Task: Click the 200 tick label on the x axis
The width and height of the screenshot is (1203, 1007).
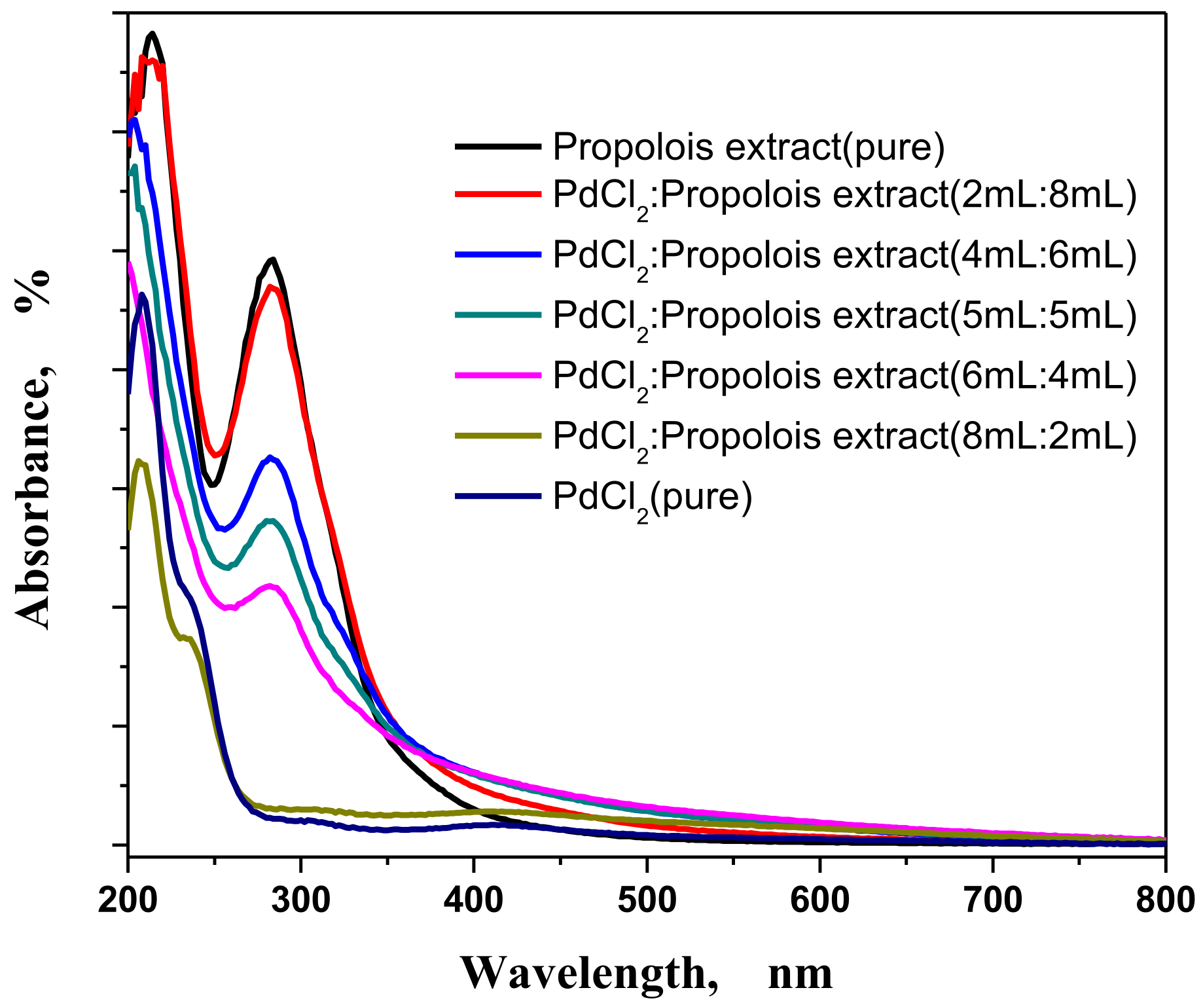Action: coord(128,900)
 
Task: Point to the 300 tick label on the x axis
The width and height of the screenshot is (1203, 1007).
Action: coord(300,900)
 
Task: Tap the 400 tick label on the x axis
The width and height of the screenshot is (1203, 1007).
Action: coord(473,900)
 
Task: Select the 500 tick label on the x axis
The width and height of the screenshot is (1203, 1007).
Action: coord(647,900)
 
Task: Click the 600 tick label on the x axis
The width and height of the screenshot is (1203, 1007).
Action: coord(819,900)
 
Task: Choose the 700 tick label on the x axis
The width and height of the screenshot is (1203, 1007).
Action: coord(992,900)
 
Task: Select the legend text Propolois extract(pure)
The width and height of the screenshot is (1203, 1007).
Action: coord(749,147)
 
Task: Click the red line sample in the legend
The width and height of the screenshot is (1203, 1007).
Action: coord(498,194)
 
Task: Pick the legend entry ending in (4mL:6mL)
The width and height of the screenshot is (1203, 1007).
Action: coord(844,255)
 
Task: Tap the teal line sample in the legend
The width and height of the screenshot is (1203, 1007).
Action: coord(498,315)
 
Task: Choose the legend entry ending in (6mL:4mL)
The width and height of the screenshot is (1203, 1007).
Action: coord(844,376)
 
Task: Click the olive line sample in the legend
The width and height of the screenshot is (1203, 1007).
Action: coord(498,435)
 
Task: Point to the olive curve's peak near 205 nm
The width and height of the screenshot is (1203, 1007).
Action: coord(139,461)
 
